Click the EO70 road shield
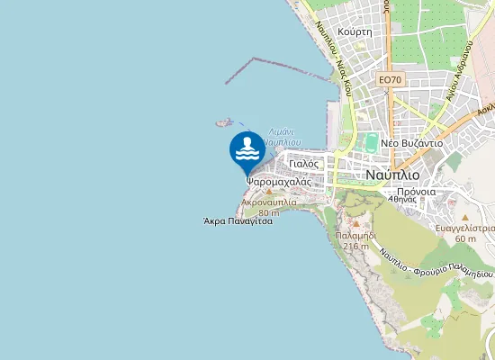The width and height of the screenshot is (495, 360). pos(389,80)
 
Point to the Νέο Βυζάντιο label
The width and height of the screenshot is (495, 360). pos(411,143)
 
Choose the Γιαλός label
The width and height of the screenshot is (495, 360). pos(306,164)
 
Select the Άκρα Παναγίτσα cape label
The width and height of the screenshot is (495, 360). pos(238,220)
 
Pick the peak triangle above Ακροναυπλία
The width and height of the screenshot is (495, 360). pos(268,192)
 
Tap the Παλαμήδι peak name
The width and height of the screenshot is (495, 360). pos(355,235)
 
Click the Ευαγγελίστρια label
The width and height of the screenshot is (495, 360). pos(464,229)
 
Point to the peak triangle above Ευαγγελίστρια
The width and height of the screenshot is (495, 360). pos(464,218)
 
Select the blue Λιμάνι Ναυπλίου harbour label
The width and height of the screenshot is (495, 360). pos(284,136)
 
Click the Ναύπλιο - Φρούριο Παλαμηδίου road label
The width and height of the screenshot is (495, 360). pos(436,262)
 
